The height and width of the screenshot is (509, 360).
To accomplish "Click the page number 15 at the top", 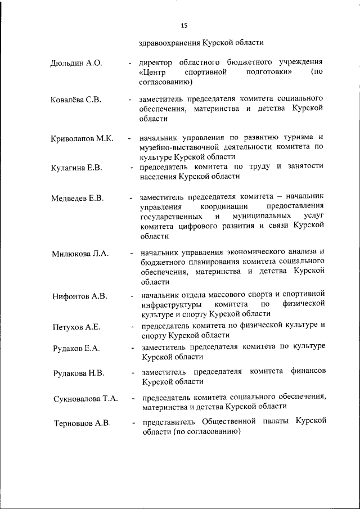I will coord(184,25).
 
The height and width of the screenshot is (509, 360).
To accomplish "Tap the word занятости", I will coord(304,166).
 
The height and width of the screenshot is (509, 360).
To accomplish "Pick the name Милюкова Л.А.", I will coord(80,254).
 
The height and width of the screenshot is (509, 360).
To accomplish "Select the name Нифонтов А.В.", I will coord(79,296).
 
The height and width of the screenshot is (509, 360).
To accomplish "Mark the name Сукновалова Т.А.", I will coord(85,399).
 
